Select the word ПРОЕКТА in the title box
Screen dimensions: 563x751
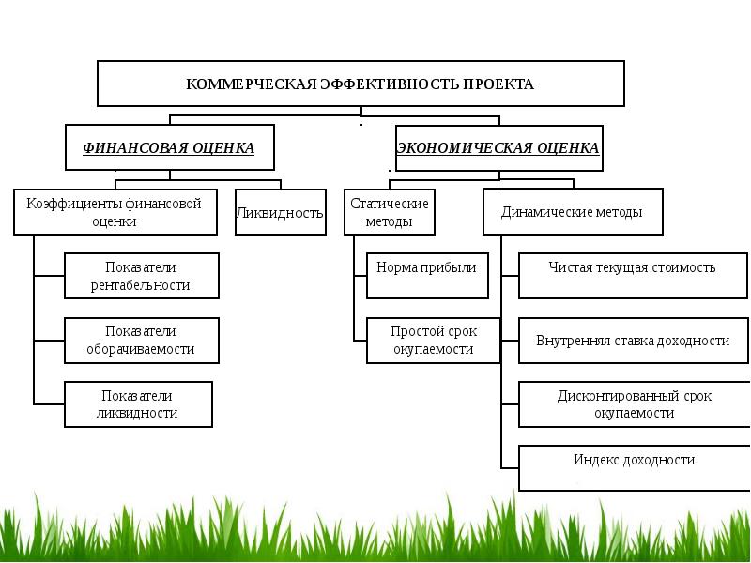[498, 84]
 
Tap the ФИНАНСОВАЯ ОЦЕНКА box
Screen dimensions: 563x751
[169, 148]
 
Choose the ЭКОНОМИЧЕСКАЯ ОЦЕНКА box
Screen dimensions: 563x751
[498, 148]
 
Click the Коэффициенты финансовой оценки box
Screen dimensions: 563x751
[115, 212]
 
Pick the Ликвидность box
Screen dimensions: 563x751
[280, 212]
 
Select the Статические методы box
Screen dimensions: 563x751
[390, 212]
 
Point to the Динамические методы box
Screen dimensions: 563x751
[573, 212]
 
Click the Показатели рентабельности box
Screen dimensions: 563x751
[141, 276]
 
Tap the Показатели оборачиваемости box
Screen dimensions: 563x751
[141, 341]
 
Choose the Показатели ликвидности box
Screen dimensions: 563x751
[137, 404]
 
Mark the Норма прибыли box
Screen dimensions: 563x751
[426, 276]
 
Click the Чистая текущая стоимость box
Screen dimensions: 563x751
[632, 276]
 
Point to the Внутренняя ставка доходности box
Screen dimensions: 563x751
[634, 341]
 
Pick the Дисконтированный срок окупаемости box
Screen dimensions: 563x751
[634, 404]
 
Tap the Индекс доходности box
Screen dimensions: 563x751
[634, 468]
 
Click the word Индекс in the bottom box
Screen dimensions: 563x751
[595, 460]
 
